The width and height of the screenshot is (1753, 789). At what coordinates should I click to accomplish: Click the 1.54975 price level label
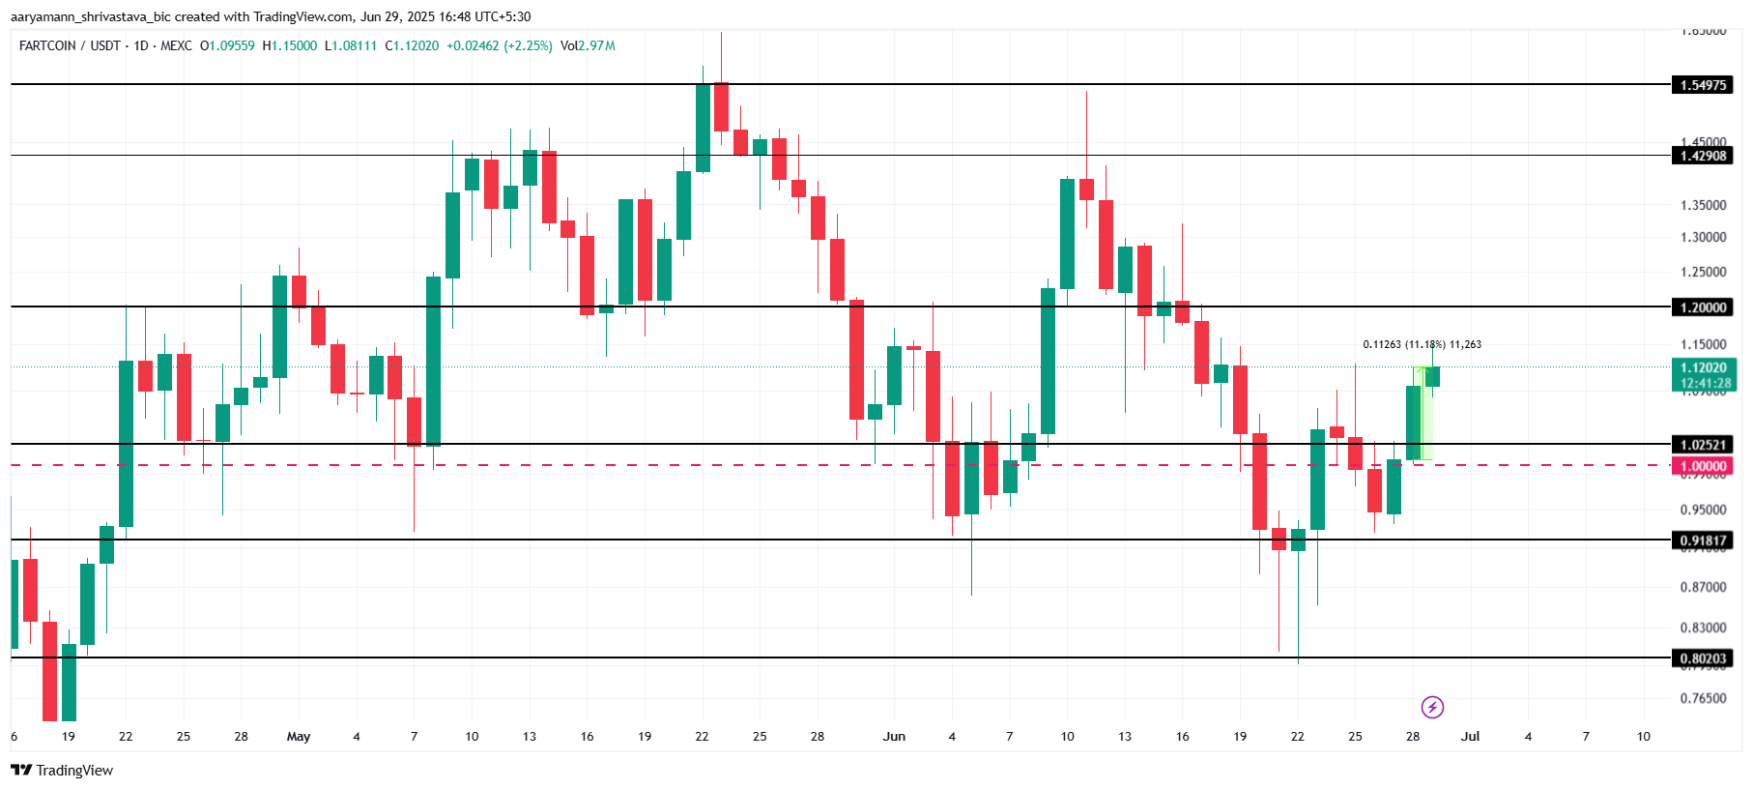point(1702,85)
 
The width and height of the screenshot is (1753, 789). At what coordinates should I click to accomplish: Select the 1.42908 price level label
point(1702,156)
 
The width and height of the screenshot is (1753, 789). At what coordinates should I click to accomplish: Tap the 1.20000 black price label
point(1702,307)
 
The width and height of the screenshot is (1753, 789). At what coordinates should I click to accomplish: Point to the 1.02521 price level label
point(1702,445)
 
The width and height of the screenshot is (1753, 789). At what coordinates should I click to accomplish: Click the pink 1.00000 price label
point(1702,466)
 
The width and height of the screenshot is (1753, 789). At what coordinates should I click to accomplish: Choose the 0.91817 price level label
point(1702,541)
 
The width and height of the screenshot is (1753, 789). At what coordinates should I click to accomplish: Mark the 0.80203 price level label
point(1702,658)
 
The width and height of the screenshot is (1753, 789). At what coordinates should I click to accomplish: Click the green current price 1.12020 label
point(1702,368)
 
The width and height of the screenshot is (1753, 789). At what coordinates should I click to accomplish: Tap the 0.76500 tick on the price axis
point(1703,698)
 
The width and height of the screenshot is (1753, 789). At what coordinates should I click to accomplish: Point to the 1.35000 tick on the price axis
point(1703,205)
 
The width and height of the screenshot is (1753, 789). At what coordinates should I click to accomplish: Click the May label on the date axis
point(299,737)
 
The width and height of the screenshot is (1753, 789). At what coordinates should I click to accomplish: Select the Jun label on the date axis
point(894,737)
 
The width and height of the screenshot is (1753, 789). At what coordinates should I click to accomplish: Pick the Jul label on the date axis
point(1470,737)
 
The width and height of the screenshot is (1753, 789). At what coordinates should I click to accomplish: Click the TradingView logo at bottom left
point(62,771)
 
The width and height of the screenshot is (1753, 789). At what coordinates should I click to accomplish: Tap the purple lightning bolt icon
point(1432,708)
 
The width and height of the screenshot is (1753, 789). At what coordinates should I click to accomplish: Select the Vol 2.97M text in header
point(588,45)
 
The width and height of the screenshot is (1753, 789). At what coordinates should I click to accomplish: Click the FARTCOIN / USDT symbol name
point(70,45)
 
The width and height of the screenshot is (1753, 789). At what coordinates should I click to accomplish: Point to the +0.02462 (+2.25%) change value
point(499,45)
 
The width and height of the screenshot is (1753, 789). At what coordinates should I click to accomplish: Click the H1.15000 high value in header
point(290,45)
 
